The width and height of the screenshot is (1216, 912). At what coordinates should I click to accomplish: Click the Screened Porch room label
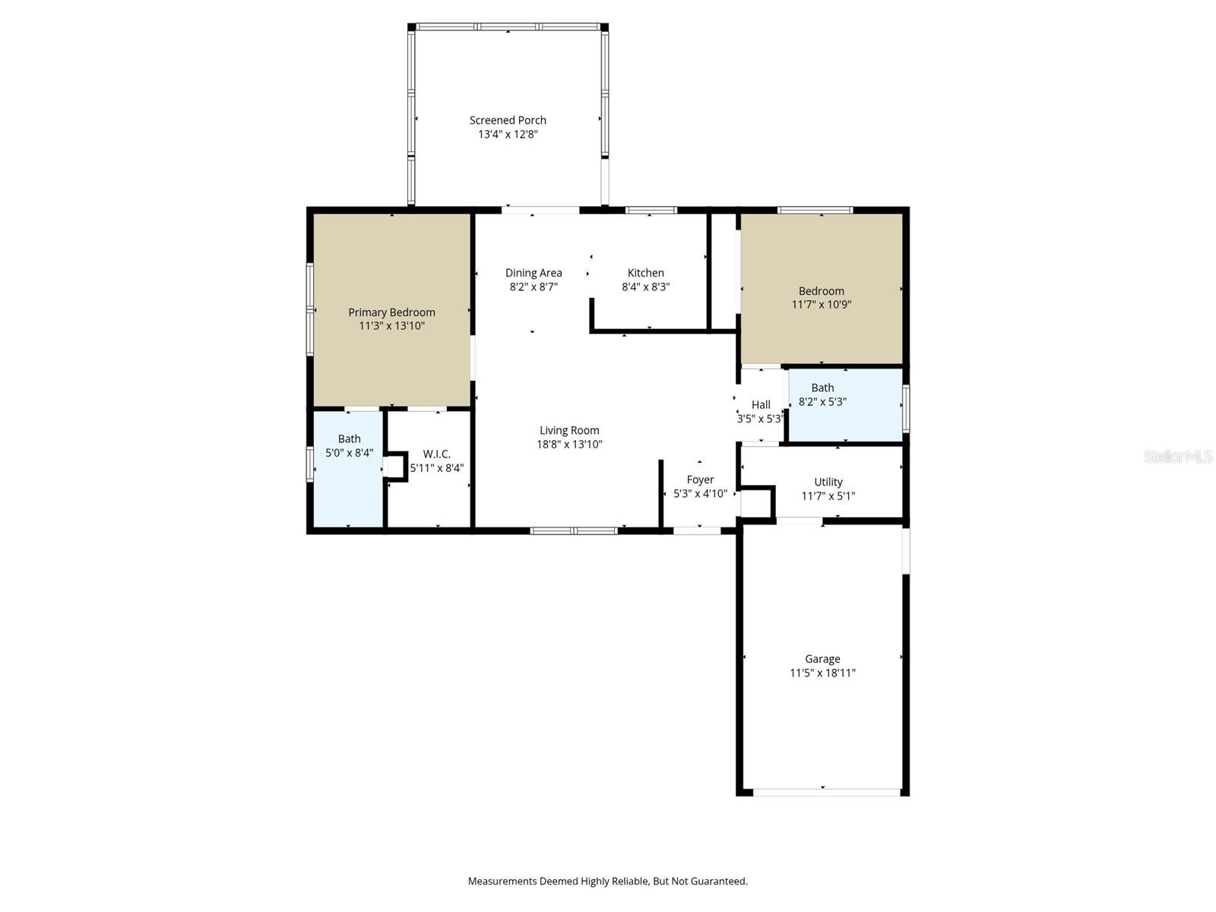(508, 120)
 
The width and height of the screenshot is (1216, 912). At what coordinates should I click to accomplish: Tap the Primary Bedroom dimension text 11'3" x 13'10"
(391, 326)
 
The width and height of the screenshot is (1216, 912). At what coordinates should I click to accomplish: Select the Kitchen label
(645, 273)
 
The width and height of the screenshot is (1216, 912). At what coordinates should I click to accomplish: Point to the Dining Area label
(534, 273)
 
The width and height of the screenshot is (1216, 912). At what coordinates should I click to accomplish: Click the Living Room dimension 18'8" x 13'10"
(569, 445)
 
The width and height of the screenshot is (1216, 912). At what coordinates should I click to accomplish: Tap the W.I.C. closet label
(436, 454)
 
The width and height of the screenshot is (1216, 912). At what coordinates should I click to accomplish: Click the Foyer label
(700, 480)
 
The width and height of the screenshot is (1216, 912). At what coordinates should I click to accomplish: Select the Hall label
(761, 405)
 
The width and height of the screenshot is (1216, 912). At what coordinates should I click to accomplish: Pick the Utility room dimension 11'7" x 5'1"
(828, 496)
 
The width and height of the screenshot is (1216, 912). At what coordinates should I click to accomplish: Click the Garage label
(822, 659)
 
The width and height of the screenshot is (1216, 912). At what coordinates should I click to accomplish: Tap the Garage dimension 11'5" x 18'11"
(822, 673)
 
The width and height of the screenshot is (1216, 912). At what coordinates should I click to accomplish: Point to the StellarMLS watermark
(1177, 457)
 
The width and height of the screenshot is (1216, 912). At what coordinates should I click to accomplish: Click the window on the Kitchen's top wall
(651, 211)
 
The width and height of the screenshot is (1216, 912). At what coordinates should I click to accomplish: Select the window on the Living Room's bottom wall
(574, 530)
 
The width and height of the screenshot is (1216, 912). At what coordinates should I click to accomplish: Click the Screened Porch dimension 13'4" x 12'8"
(508, 135)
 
